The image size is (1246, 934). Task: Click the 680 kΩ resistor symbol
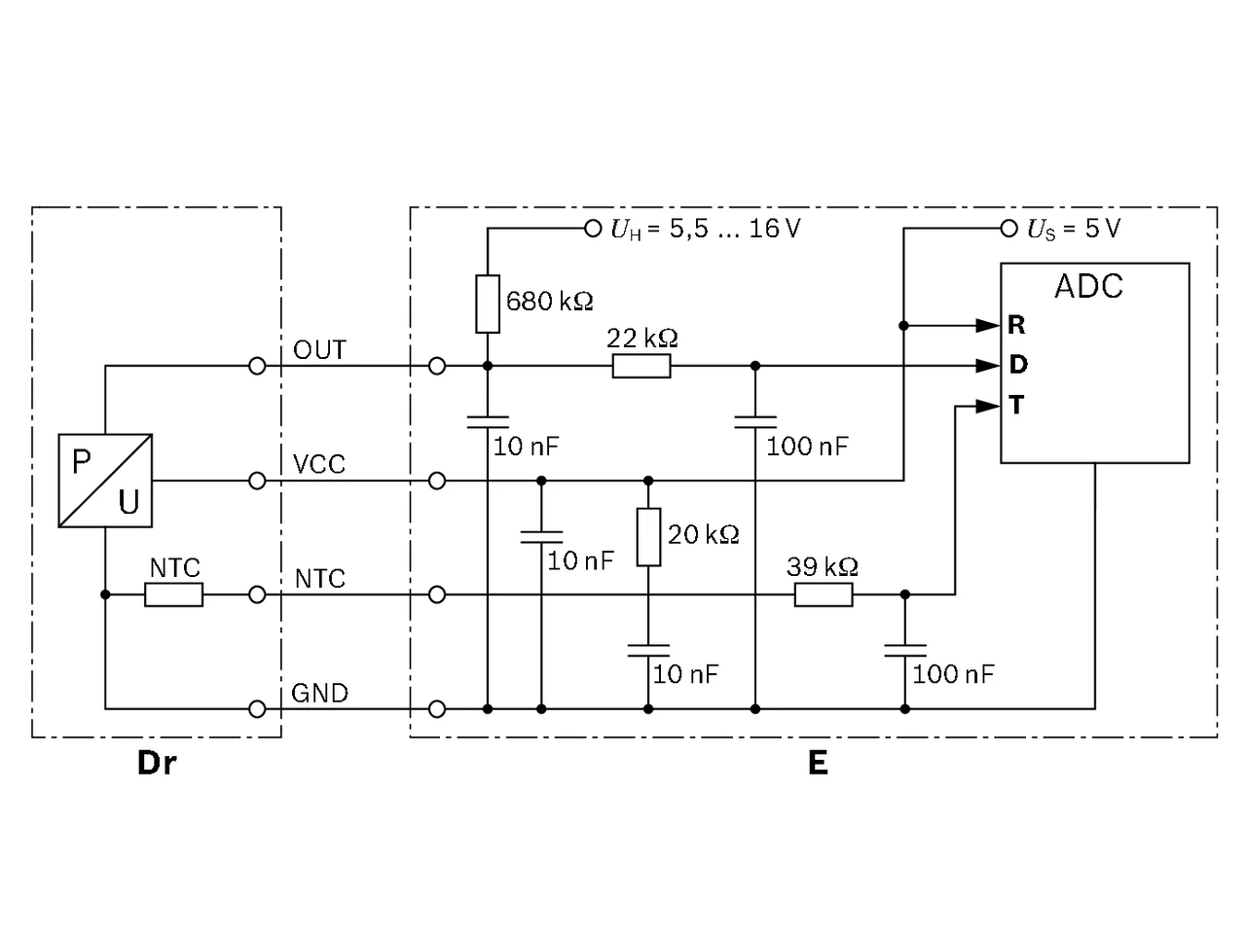click(x=487, y=304)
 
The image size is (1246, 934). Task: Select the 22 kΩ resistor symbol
click(x=641, y=366)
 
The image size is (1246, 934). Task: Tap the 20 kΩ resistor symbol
click(x=648, y=536)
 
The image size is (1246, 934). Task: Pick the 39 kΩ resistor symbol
click(x=824, y=594)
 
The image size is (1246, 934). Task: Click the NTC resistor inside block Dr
click(x=173, y=594)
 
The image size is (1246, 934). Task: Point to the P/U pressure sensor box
click(x=105, y=481)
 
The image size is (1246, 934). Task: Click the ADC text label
click(x=1088, y=286)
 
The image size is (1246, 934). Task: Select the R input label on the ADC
click(x=1016, y=325)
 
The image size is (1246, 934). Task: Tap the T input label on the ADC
click(x=1016, y=406)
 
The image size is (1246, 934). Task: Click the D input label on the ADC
click(x=1018, y=365)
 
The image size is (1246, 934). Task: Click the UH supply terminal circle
click(x=593, y=229)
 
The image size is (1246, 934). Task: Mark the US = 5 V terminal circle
click(x=1008, y=229)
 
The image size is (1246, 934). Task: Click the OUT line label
click(x=319, y=350)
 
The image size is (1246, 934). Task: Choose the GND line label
click(x=319, y=693)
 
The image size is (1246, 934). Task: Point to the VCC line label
click(x=319, y=464)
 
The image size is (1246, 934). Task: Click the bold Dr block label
click(x=157, y=763)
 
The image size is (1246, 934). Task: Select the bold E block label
click(x=818, y=763)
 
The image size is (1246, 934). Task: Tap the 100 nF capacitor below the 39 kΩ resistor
click(x=905, y=651)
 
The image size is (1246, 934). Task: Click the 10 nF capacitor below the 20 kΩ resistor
click(x=648, y=651)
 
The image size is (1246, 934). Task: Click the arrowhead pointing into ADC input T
click(x=988, y=406)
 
